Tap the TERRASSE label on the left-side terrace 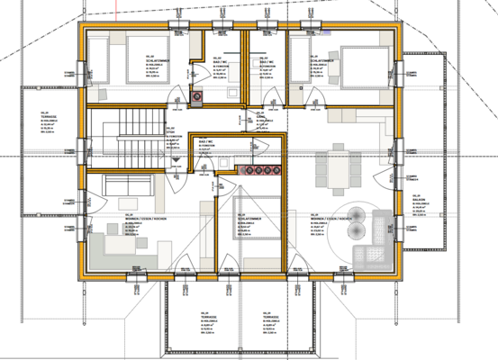coord(48,116)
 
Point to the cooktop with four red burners coord(262,169)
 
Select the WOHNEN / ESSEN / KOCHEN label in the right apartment coord(329,220)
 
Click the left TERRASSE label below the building coord(206,317)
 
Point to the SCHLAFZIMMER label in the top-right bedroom coord(321,61)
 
